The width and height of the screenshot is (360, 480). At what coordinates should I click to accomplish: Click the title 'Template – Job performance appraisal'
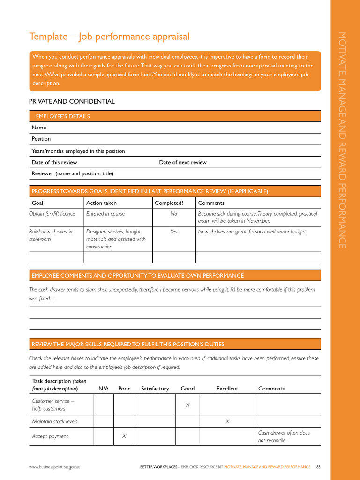coord(109,37)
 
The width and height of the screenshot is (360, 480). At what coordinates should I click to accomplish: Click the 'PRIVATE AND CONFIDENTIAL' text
coord(72,101)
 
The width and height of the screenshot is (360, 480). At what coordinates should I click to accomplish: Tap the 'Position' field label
coord(41,139)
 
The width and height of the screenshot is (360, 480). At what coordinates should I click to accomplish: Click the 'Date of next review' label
coord(183,162)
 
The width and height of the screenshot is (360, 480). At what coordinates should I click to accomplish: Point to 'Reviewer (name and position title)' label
coord(72,173)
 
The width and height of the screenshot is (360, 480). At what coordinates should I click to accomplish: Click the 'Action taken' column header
coord(102,203)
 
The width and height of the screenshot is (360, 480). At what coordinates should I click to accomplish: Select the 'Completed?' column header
coord(169,203)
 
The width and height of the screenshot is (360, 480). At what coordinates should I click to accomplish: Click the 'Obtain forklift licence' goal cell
coord(52,214)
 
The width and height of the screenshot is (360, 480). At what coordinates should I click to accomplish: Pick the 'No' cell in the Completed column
coord(174,214)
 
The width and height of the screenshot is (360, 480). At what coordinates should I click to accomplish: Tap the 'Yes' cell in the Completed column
coord(174,232)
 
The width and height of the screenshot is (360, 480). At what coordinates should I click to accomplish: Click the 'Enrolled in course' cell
coord(105,214)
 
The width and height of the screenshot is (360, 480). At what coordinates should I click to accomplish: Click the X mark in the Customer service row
coord(187,405)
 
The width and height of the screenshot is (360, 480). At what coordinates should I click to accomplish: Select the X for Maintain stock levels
coord(227,421)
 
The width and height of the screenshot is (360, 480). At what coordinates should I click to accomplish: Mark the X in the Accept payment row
coord(124,436)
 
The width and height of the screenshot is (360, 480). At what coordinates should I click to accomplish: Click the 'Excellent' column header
coord(227,389)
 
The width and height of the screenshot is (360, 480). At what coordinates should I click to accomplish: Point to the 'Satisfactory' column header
coord(155,389)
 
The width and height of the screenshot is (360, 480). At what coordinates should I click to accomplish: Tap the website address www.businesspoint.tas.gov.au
coord(54,467)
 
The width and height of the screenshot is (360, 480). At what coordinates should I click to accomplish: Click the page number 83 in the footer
coord(318,467)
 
